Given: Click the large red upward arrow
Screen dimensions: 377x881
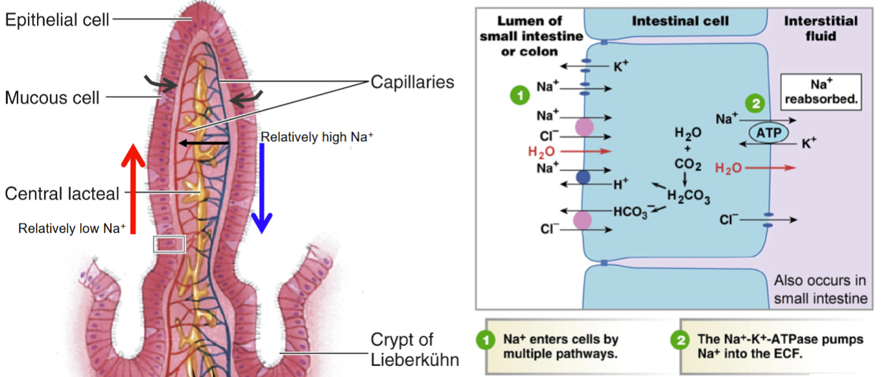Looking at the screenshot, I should pos(133,188).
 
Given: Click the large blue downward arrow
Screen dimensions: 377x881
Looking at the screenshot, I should pos(261,188).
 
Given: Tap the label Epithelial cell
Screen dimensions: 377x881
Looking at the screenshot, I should pos(58,20).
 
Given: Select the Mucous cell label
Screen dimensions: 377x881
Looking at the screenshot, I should pos(53,97).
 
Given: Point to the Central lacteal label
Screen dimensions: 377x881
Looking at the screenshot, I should pos(62,193).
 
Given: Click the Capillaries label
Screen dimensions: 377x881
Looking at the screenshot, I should pos(412,82).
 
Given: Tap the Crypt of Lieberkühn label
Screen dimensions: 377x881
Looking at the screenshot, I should pos(402,348).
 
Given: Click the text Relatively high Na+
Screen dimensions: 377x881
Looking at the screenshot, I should pos(317,137).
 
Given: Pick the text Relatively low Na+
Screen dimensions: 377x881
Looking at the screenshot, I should pos(71,228).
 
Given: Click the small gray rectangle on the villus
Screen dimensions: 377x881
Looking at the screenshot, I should pos(169,244).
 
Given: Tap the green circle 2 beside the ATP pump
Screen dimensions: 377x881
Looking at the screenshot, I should pos(754,102).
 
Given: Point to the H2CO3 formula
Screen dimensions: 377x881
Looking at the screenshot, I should pos(688,198).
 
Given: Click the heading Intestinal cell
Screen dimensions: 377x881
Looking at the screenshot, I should pos(681,21).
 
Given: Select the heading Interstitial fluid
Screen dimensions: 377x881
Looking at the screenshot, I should pos(819,29).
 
